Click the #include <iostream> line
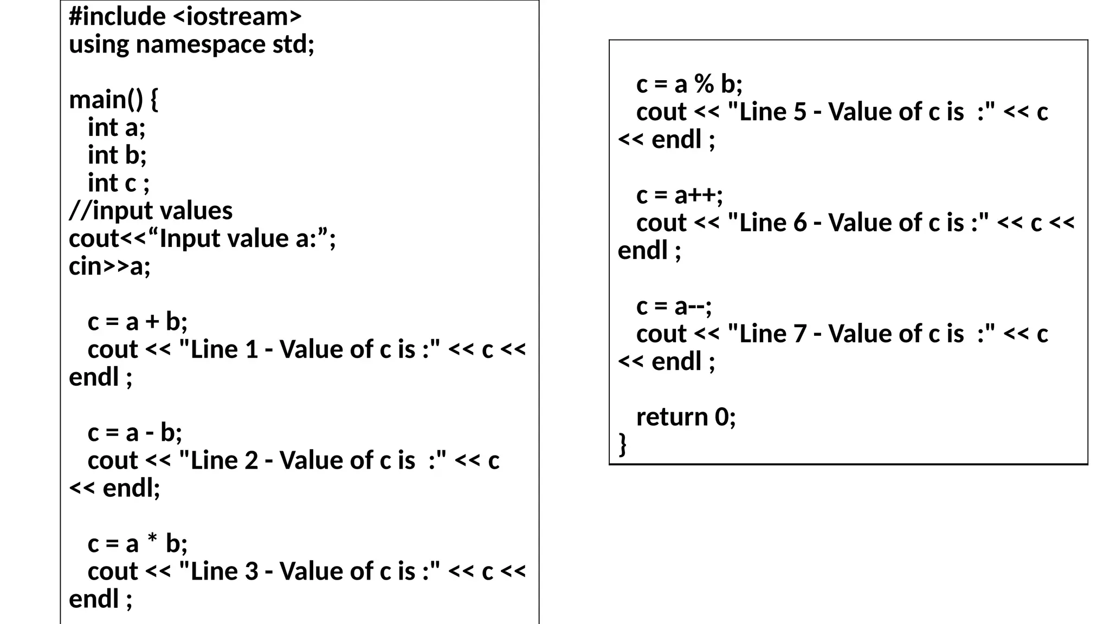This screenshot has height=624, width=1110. pyautogui.click(x=185, y=17)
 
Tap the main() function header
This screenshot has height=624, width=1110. pyautogui.click(x=113, y=100)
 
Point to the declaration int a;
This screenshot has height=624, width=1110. pyautogui.click(x=117, y=128)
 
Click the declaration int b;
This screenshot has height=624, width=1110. pyautogui.click(x=117, y=155)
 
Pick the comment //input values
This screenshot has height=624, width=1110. pyautogui.click(x=151, y=211)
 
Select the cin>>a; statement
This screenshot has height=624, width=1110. pyautogui.click(x=109, y=266)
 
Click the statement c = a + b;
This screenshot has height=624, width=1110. pyautogui.click(x=138, y=322)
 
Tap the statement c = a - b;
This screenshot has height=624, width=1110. pyautogui.click(x=135, y=433)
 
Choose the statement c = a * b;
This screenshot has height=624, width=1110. pyautogui.click(x=138, y=544)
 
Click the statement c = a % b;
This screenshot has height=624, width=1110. pyautogui.click(x=689, y=84)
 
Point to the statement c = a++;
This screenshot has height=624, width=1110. pyautogui.click(x=680, y=196)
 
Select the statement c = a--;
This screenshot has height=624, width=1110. pyautogui.click(x=674, y=307)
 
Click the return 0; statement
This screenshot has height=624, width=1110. pyautogui.click(x=686, y=417)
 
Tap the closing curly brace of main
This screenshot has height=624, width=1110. pyautogui.click(x=623, y=444)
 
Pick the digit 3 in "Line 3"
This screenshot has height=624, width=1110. pyautogui.click(x=251, y=571)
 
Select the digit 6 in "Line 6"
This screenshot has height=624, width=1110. pyautogui.click(x=800, y=223)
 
